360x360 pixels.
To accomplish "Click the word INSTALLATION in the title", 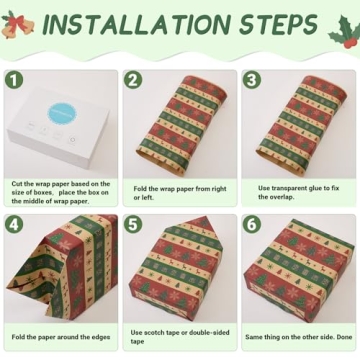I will pos(139,26).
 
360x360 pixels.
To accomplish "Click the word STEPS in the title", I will pos(274,26).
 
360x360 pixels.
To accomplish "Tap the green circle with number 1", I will pos(14,79).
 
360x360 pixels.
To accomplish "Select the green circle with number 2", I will pos(133,79).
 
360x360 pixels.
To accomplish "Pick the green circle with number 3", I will pos(252,79).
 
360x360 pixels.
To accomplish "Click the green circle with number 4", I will pos(14,225).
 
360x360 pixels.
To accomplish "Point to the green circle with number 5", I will pos(133,225).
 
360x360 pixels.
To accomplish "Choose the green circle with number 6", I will pos(252,225).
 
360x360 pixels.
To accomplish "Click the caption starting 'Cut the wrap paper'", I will pos(60,190).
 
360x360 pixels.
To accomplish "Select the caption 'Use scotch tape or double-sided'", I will pos(179,338).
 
